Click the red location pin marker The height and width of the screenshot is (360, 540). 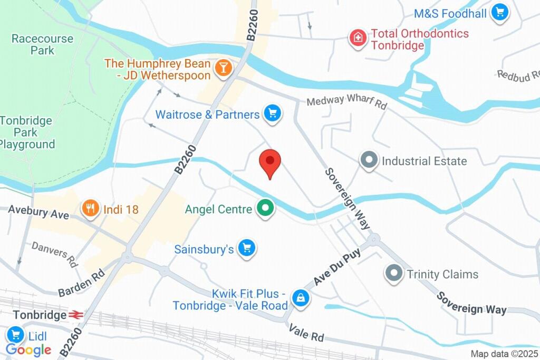point(271,162)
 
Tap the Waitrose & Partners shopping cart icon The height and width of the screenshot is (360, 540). point(273,113)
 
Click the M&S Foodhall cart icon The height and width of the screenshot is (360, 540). point(499,13)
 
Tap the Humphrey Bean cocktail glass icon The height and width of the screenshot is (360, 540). point(224,68)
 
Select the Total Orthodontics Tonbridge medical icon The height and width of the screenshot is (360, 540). point(358,38)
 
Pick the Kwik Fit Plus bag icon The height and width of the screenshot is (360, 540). point(301,298)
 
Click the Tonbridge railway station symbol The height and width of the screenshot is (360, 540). point(75,315)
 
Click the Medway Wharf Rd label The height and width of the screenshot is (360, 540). point(346,101)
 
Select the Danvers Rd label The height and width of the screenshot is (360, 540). point(54,253)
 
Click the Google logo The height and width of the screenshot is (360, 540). point(28,349)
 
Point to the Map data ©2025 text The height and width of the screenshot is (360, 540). point(503,354)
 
